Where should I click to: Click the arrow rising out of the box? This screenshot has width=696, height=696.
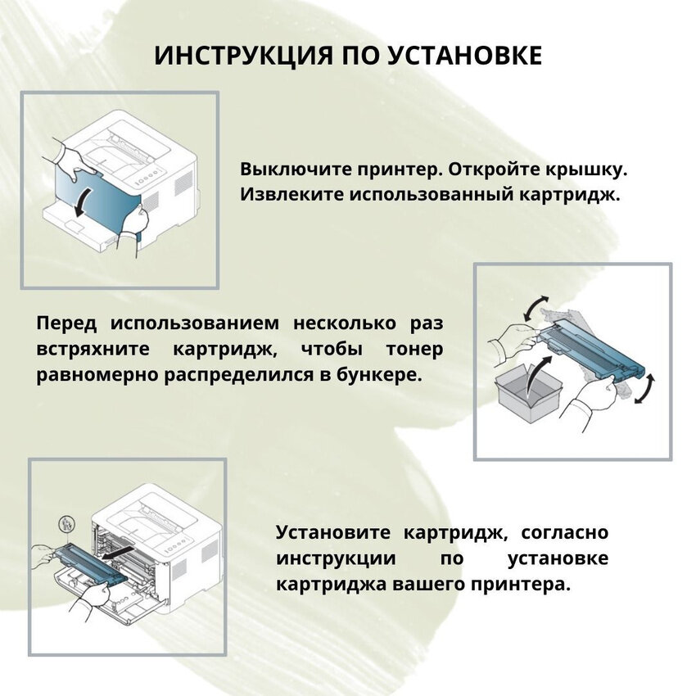536,372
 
